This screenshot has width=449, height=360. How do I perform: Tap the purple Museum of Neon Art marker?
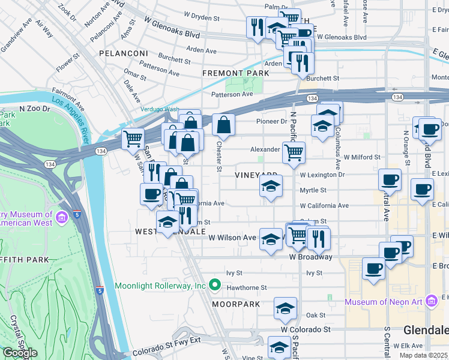point(430,301)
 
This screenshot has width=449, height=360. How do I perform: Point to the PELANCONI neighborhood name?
point(124,53)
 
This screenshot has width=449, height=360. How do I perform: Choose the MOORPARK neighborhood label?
point(235,305)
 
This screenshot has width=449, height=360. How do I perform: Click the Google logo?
point(20,353)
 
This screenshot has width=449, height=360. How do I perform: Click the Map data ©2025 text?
point(424,355)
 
